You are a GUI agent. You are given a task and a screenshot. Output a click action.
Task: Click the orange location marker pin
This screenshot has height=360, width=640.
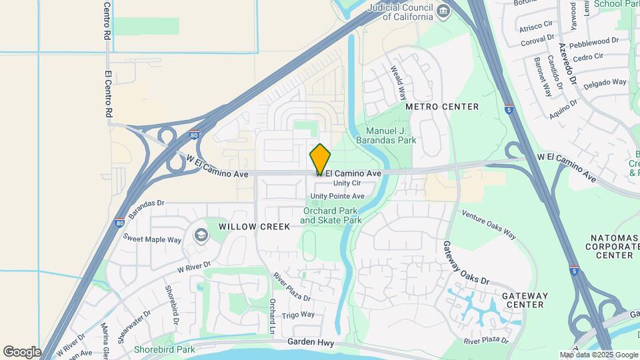320,159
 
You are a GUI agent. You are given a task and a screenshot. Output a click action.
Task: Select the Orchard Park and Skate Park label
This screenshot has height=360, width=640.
331,215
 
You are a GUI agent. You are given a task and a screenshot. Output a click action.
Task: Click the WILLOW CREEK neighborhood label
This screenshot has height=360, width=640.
255,227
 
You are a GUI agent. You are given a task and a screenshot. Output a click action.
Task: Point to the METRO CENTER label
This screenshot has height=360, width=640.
442,107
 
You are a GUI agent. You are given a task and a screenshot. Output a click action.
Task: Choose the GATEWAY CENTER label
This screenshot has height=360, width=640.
525,300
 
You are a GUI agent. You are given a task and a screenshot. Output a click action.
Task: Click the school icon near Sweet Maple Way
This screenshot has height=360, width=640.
200,235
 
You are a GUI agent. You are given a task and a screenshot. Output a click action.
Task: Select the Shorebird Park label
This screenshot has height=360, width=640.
164,349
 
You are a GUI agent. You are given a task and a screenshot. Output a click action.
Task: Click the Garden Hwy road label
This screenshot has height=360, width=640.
309,341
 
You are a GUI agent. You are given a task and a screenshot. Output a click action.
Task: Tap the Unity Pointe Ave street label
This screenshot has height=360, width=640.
337,196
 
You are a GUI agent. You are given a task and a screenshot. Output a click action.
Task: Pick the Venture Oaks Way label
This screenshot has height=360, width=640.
489,225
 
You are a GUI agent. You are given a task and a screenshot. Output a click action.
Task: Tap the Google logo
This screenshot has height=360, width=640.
22,351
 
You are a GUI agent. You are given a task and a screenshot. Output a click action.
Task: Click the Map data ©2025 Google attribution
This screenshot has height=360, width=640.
598,355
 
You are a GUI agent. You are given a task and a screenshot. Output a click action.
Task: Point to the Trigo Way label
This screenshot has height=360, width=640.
298,315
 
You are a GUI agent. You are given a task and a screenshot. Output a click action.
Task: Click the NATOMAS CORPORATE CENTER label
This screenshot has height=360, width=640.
605,246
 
